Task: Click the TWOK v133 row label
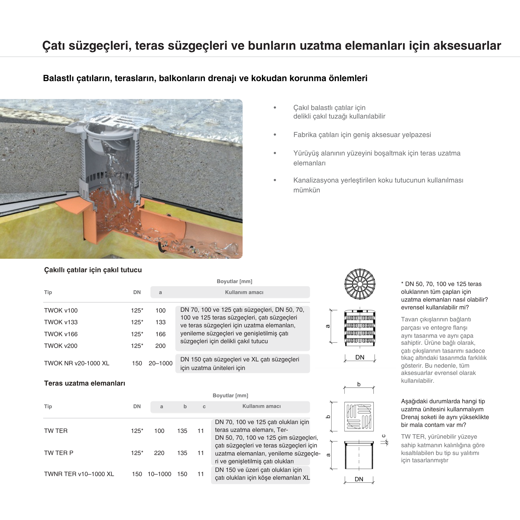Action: (61, 322)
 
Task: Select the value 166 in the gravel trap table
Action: (160, 334)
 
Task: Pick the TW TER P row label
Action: (59, 453)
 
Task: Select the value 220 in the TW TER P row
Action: (159, 453)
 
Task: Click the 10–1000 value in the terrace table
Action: (159, 474)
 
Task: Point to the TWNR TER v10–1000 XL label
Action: (79, 474)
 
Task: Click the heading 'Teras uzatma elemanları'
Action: (84, 383)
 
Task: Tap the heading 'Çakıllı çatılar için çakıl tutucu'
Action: (93, 270)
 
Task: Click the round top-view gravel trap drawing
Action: (360, 284)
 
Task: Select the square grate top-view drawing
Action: (359, 416)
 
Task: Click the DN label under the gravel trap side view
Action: (360, 357)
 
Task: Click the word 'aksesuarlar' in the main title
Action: (467, 45)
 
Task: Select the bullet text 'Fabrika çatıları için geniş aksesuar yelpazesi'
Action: (362, 135)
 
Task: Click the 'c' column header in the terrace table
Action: (204, 406)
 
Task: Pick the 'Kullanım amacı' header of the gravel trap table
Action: (244, 292)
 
